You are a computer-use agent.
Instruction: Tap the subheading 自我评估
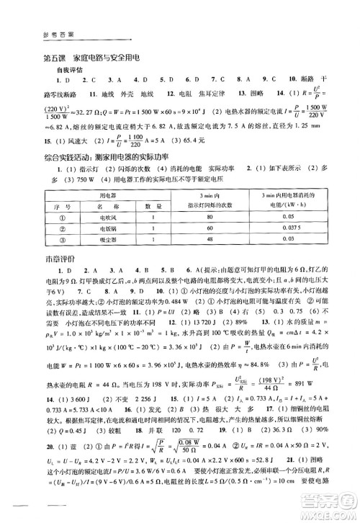pyautogui.click(x=70, y=71)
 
